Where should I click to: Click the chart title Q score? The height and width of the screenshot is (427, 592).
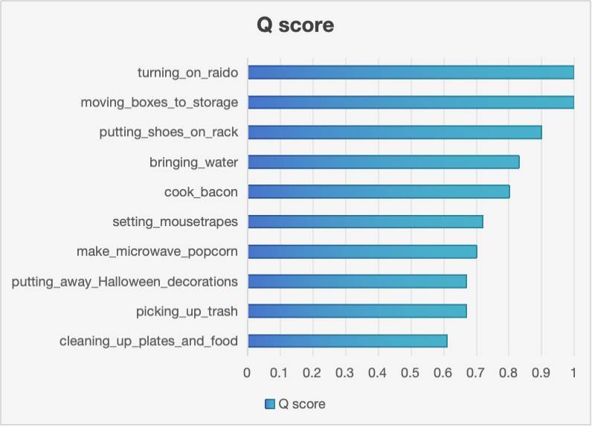(295, 25)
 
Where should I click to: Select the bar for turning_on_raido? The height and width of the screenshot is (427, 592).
(411, 72)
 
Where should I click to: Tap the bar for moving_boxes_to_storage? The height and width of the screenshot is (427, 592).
(411, 102)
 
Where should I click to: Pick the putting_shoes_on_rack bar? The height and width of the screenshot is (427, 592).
(394, 132)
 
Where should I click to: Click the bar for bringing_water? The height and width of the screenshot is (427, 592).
(383, 161)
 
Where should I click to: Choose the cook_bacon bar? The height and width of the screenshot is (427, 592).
(379, 192)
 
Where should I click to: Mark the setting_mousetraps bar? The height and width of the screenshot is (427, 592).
(365, 222)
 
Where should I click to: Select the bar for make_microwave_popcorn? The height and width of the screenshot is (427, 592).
(362, 251)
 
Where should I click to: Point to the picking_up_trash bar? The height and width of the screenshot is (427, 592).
(357, 311)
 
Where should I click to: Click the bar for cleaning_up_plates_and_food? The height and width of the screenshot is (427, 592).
(347, 341)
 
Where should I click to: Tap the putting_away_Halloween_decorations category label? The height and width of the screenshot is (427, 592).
(125, 281)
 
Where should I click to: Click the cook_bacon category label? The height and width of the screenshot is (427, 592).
(201, 192)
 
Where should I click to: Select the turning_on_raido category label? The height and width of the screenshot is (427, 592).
(187, 72)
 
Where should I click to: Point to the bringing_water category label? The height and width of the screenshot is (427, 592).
(193, 161)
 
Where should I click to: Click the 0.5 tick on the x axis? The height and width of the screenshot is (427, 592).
(411, 371)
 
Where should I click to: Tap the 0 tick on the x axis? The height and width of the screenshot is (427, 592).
(248, 371)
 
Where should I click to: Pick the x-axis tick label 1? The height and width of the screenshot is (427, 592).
(573, 371)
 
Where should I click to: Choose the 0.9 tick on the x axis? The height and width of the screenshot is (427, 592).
(541, 371)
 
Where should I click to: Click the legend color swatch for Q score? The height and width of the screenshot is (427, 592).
(270, 404)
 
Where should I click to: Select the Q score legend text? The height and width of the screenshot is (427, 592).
(302, 404)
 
